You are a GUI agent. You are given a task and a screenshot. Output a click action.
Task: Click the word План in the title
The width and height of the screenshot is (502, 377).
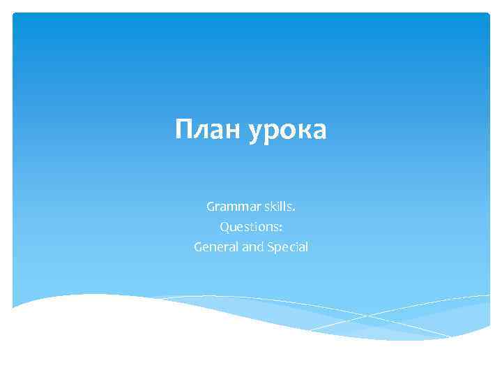tap(206, 130)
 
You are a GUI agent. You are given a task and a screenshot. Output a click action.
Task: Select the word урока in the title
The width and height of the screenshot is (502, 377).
tap(286, 131)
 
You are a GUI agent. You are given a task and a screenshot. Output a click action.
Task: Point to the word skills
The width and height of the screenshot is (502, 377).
tap(280, 207)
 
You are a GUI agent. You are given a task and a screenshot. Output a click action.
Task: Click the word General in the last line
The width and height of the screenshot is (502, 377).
tap(216, 247)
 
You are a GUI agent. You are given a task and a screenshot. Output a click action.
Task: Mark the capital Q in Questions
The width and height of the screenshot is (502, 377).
tap(225, 227)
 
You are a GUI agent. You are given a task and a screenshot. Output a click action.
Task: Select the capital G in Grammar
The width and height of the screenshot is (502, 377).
tap(211, 207)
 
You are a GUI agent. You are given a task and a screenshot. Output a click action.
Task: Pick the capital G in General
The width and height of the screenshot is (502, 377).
tap(198, 247)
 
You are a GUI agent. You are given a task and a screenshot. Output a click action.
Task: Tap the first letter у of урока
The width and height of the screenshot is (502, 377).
tap(254, 133)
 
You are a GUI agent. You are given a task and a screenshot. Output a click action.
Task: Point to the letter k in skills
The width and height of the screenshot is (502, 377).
tap(276, 207)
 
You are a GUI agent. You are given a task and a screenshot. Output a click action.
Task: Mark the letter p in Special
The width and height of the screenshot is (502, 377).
tap(278, 249)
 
